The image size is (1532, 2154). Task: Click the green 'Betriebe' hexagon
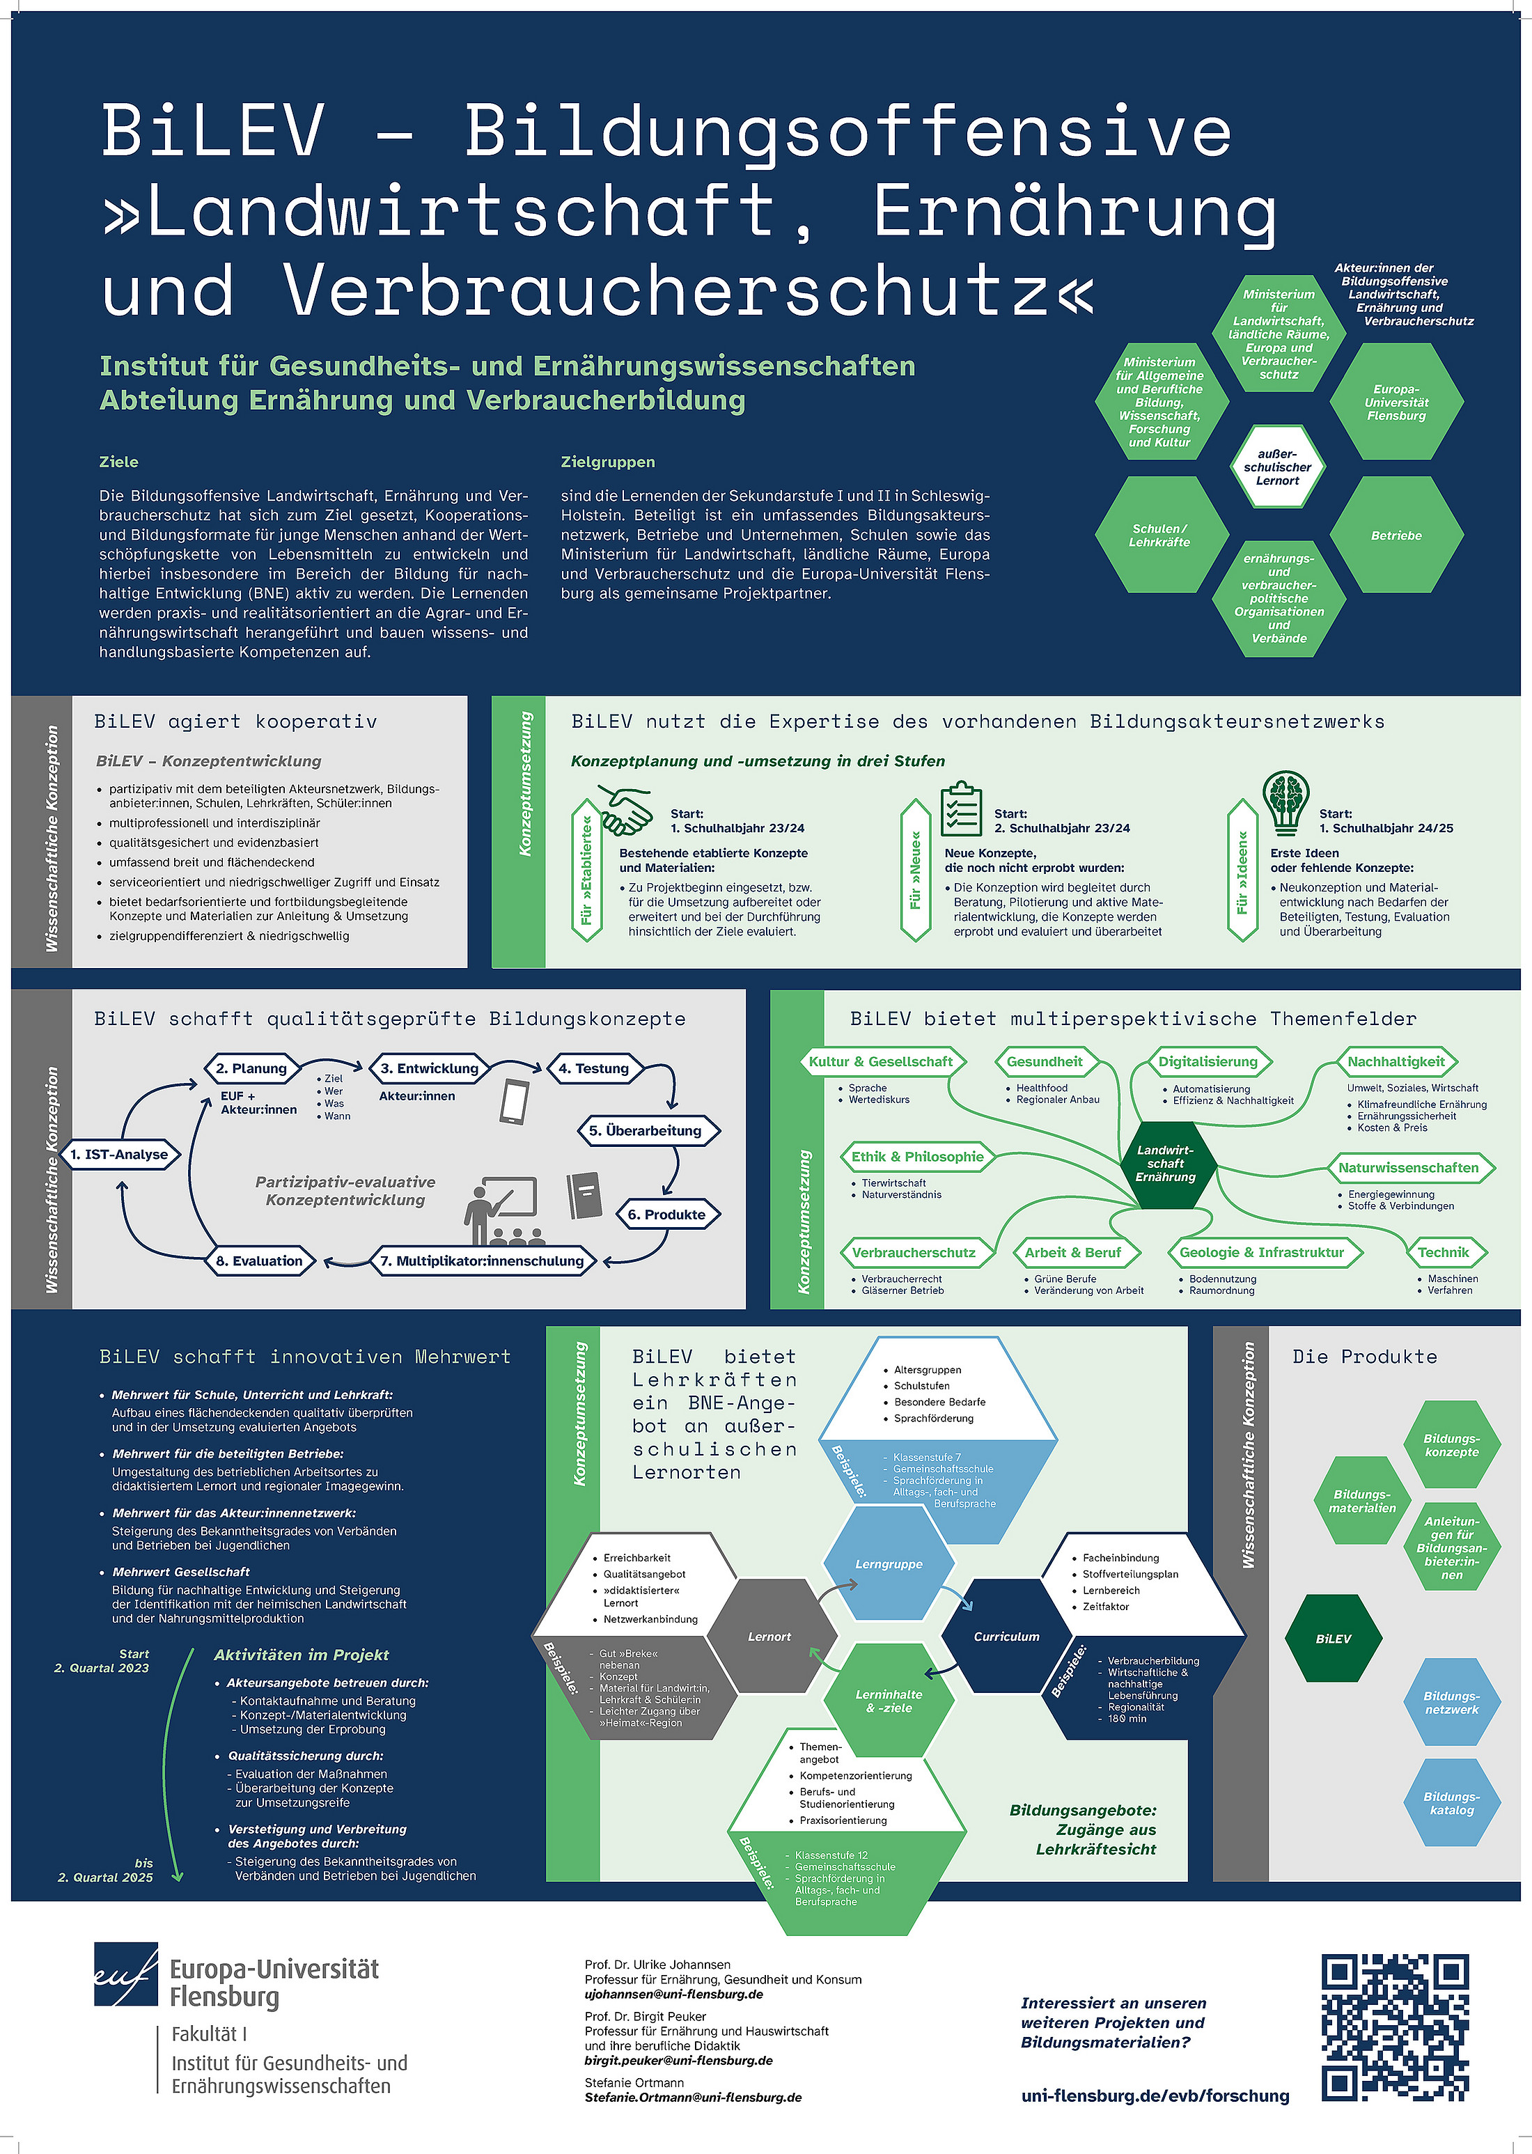click(x=1396, y=535)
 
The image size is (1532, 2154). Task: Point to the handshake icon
click(x=625, y=809)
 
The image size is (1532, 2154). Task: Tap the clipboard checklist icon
click(x=960, y=808)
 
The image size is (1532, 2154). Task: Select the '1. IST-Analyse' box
click(x=119, y=1154)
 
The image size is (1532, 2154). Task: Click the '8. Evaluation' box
click(x=260, y=1261)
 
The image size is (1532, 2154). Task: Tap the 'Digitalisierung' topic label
click(x=1207, y=1061)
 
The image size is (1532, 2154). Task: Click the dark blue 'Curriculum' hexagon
click(x=1006, y=1636)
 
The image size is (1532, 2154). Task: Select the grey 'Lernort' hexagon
click(x=769, y=1636)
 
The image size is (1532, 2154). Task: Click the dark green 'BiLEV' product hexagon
click(x=1333, y=1639)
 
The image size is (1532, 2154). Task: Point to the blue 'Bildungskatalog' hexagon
click(x=1451, y=1803)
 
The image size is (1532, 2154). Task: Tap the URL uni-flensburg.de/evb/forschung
click(x=1155, y=2096)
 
